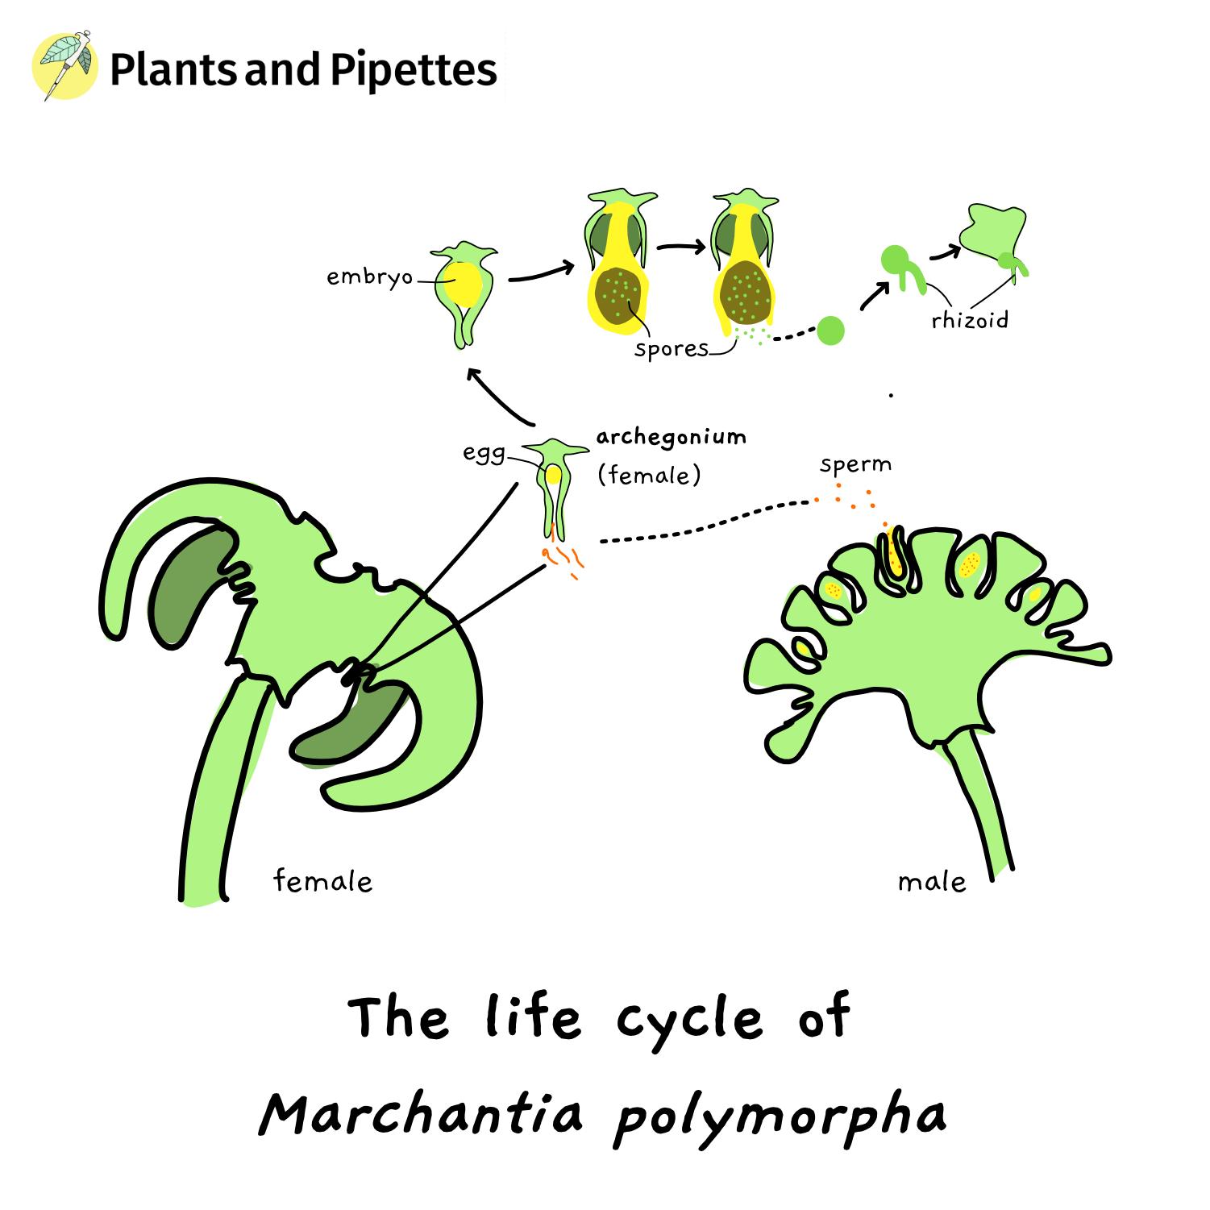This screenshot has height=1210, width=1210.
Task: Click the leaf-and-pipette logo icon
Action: pos(64,66)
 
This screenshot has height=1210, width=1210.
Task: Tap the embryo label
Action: pos(369,277)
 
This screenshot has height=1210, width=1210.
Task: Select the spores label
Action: pos(671,349)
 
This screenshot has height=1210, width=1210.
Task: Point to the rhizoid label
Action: pos(969,320)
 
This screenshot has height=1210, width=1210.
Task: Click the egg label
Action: pos(483,453)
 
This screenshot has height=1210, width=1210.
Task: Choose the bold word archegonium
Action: pos(671,437)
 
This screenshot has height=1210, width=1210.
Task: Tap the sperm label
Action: pos(855,465)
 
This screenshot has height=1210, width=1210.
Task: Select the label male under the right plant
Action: pos(931,882)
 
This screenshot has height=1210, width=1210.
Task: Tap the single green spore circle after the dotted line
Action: pos(830,330)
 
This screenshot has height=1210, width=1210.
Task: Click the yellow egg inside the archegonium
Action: pos(553,474)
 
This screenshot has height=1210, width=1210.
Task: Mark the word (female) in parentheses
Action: pos(649,476)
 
